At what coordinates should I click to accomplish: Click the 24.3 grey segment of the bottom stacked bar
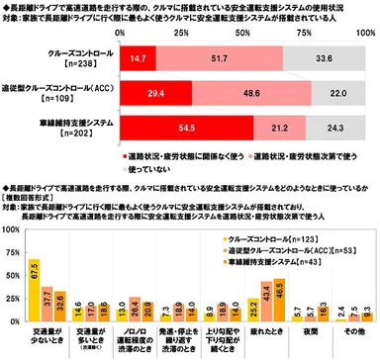tap(340, 127)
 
